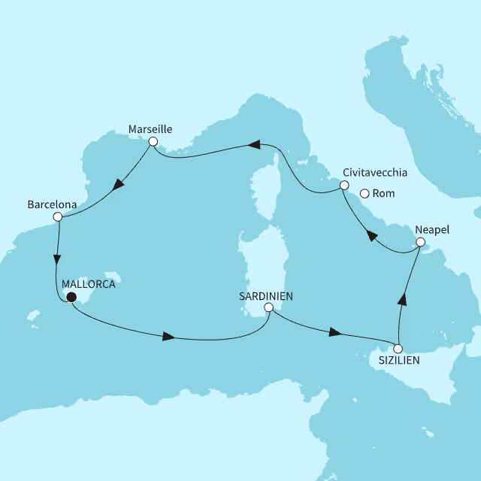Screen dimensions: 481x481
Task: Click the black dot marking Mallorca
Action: coord(71,298)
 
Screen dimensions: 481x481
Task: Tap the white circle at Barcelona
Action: coord(57,217)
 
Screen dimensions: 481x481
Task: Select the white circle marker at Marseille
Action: coord(153,141)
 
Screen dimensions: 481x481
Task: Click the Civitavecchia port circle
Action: coord(344,185)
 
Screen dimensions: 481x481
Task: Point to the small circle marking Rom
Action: coord(365,193)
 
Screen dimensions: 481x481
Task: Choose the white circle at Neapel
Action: coord(421,242)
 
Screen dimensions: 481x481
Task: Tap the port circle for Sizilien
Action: coord(398,349)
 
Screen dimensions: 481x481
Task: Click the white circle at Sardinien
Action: coord(268,307)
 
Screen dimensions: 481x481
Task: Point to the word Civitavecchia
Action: coord(374,172)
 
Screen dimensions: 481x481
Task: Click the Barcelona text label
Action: coord(52,204)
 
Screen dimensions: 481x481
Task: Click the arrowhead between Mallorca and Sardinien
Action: coord(169,337)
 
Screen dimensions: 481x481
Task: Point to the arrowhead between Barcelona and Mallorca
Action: coord(56,260)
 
